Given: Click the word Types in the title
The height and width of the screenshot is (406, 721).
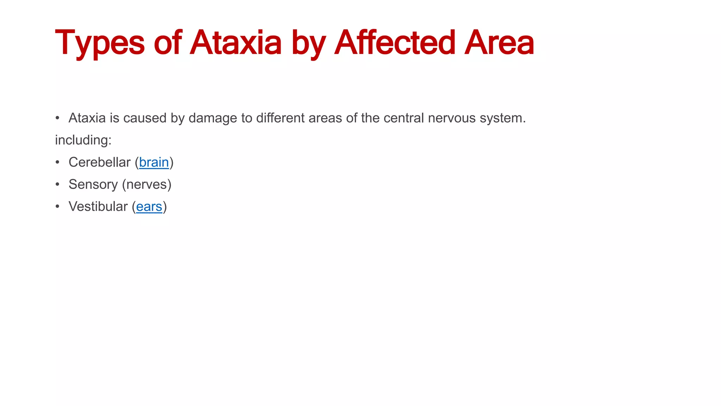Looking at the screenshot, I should coord(100,43).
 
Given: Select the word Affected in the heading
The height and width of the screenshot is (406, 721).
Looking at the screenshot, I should coord(395,43).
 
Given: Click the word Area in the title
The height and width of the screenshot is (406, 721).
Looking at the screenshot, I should coord(499,43).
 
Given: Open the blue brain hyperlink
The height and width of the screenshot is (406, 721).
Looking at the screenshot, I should coord(154,162).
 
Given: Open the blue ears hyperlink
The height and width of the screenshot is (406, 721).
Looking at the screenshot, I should coord(149,207).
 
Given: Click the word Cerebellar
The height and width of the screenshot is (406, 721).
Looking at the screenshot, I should coord(99,162).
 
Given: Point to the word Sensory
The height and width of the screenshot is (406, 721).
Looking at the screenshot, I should coord(93,185).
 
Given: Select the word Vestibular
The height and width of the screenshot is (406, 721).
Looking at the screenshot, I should coord(98,207).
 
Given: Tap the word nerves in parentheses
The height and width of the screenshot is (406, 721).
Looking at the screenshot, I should coord(146,185).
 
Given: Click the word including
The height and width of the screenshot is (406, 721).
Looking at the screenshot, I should coord(83,140).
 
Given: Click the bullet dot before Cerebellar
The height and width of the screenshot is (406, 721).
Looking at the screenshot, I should coord(57,162).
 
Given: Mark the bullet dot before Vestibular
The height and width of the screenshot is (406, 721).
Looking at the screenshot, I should coord(57,207).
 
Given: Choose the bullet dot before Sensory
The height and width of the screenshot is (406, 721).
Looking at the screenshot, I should coord(57,185).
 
